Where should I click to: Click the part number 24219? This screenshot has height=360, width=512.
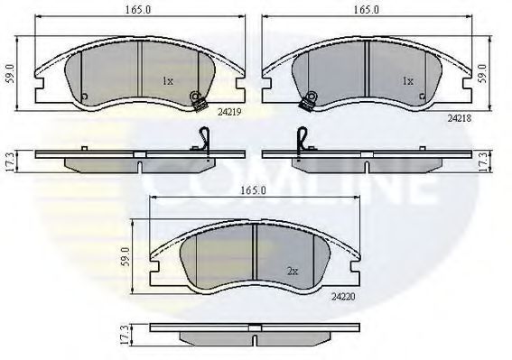(229, 112)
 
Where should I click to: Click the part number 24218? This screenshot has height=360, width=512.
(460, 118)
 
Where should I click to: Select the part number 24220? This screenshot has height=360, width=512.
(343, 297)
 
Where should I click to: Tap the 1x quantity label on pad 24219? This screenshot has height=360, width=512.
(168, 81)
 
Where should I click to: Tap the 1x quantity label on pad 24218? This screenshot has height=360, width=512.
(408, 81)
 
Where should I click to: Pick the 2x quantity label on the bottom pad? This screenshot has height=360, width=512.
(293, 272)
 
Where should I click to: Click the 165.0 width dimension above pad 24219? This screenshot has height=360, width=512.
(138, 10)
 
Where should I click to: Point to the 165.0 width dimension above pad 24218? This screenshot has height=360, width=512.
(367, 10)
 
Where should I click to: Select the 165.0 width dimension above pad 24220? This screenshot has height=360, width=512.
(254, 190)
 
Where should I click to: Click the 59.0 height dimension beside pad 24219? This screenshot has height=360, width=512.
(11, 73)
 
